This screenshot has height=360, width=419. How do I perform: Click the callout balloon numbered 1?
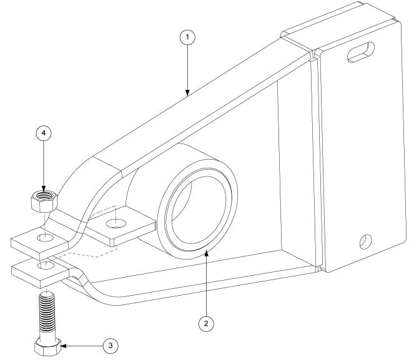click(x=187, y=37)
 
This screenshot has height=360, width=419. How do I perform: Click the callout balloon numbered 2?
click(x=206, y=323)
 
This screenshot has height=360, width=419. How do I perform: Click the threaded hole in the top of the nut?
click(x=43, y=197)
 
